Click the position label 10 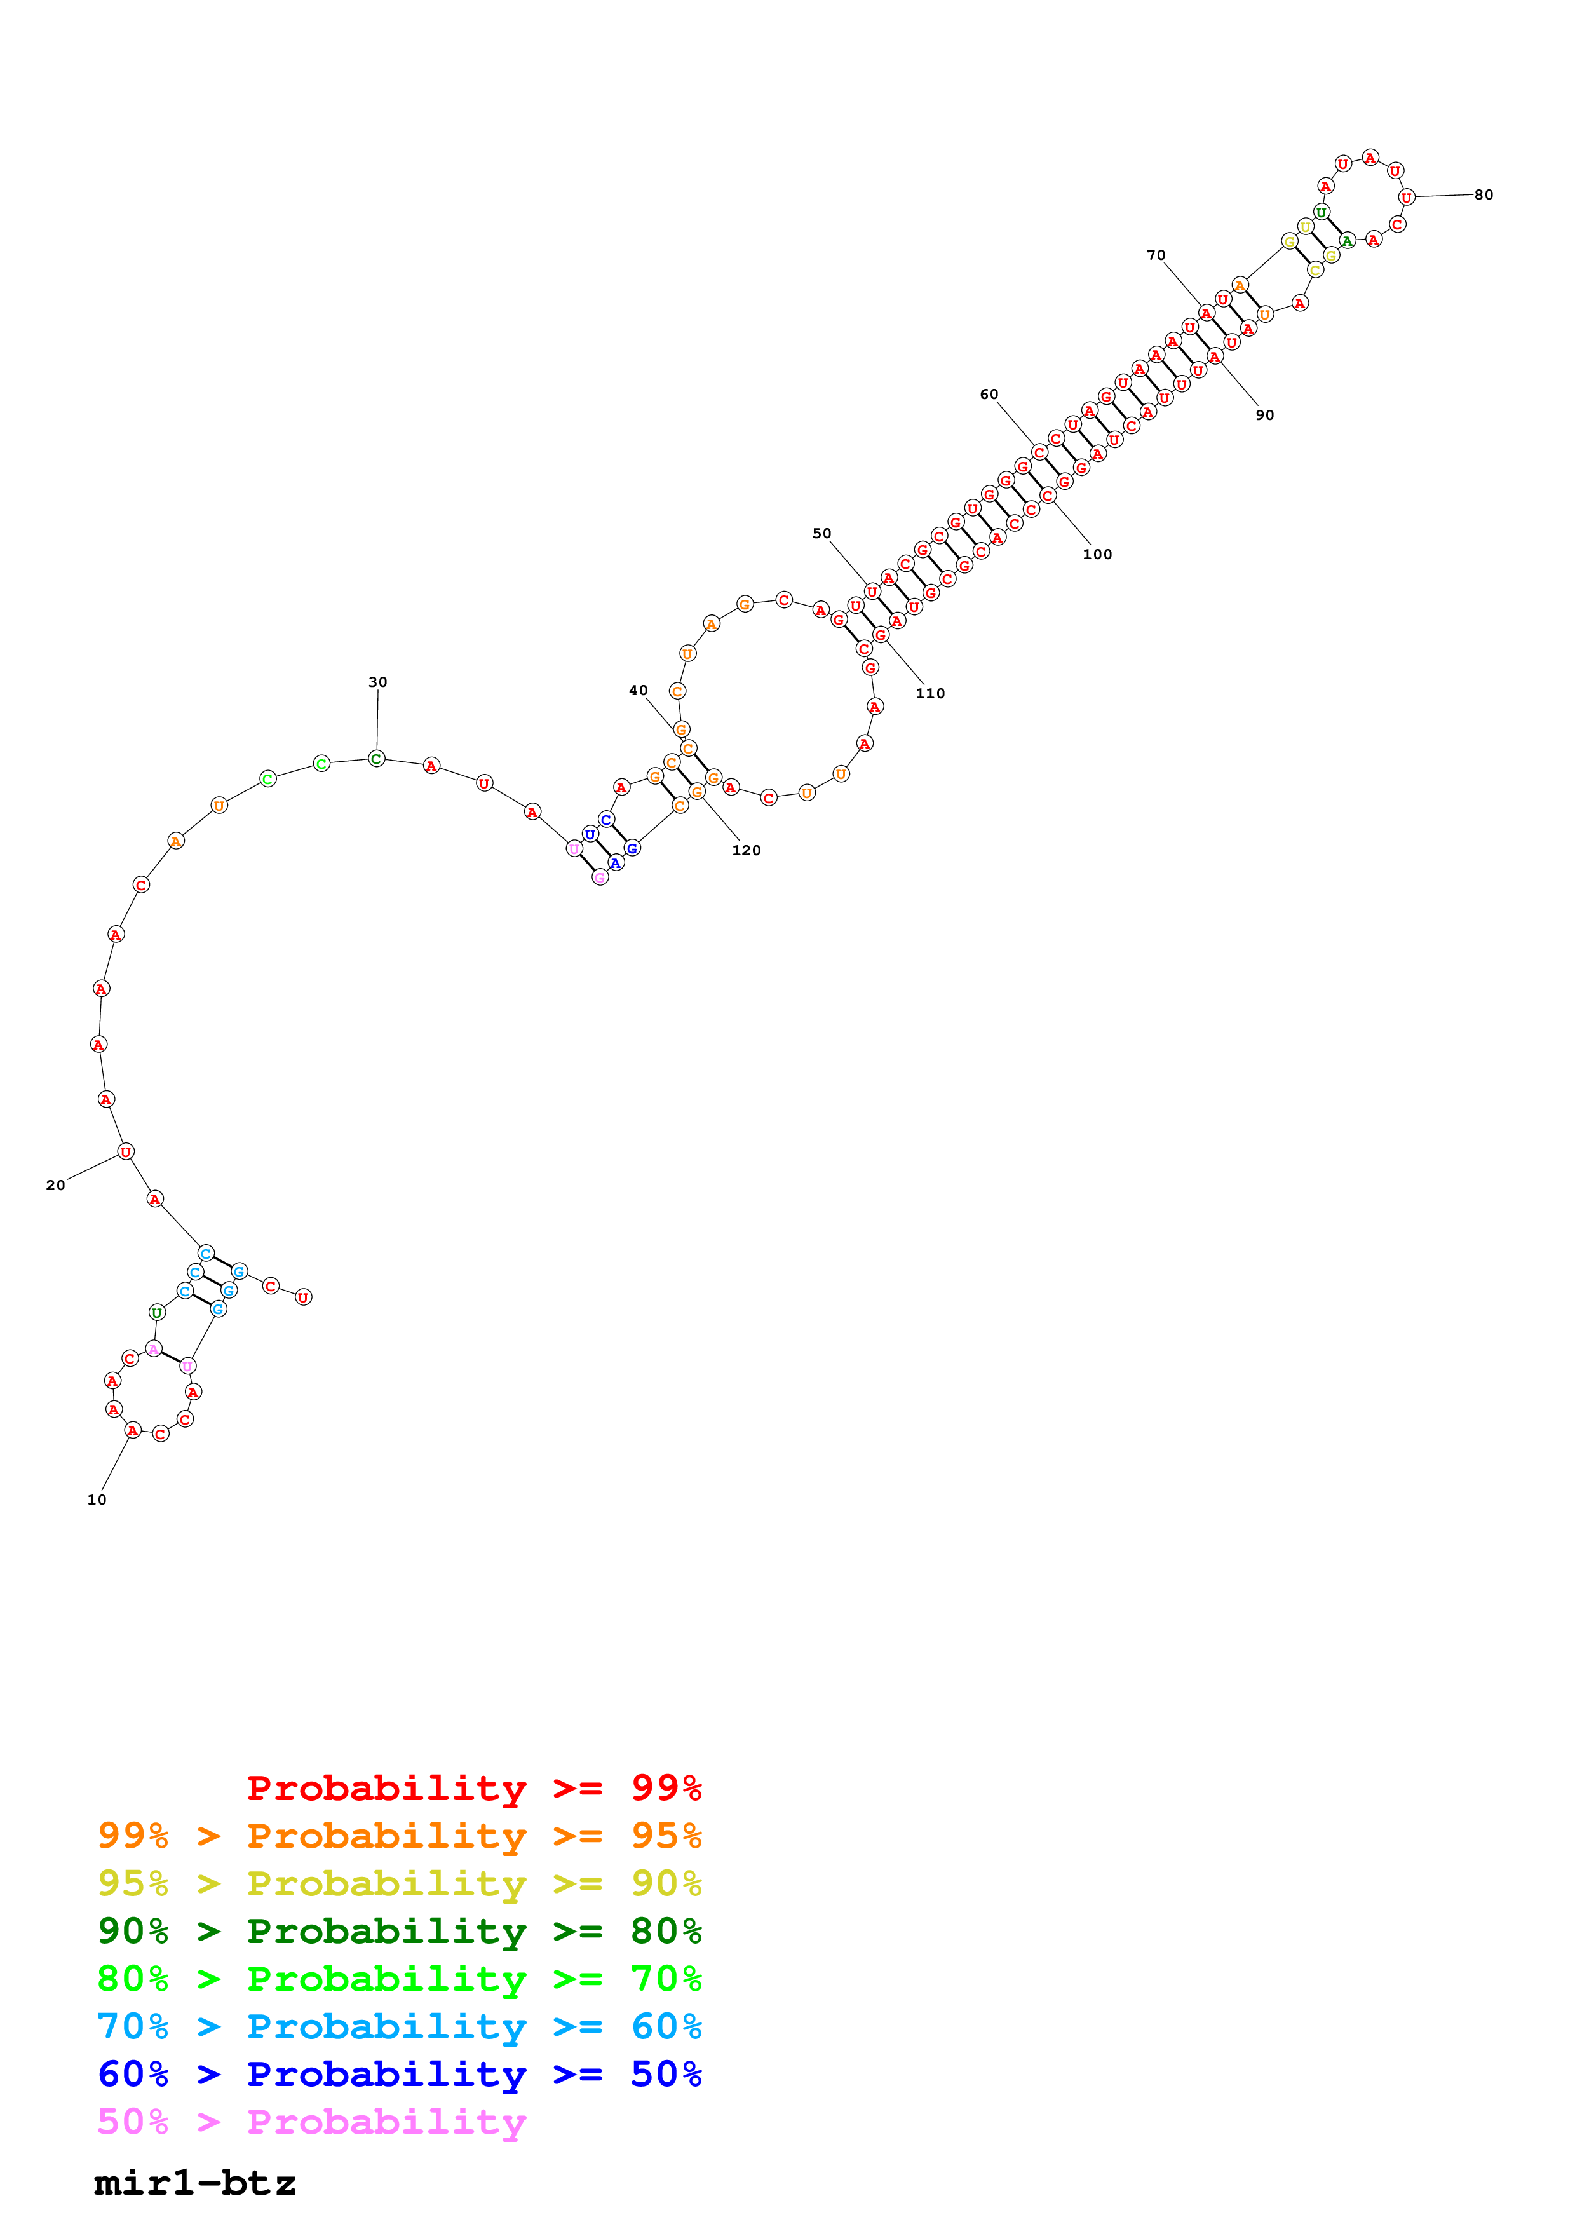point(97,1500)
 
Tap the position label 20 point(55,1186)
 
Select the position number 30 point(377,682)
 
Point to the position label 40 point(638,690)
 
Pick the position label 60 point(988,394)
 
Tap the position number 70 point(1155,255)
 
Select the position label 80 point(1483,195)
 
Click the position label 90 point(1264,416)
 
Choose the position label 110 point(929,693)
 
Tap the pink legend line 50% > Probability point(311,2122)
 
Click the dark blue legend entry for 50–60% point(399,2075)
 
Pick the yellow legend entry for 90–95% point(399,1883)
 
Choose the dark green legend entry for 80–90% point(399,1931)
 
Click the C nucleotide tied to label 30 point(377,758)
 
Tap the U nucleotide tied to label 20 point(125,1151)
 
